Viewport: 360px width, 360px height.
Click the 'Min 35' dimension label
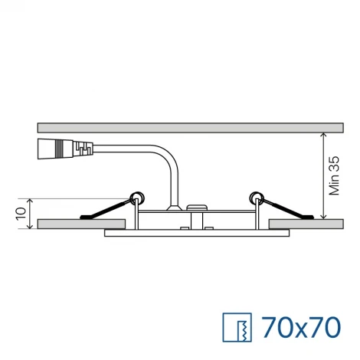click(x=333, y=176)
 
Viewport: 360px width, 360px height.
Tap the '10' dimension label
click(x=21, y=209)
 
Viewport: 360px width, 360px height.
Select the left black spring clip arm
click(x=107, y=209)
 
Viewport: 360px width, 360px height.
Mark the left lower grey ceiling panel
click(x=81, y=224)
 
